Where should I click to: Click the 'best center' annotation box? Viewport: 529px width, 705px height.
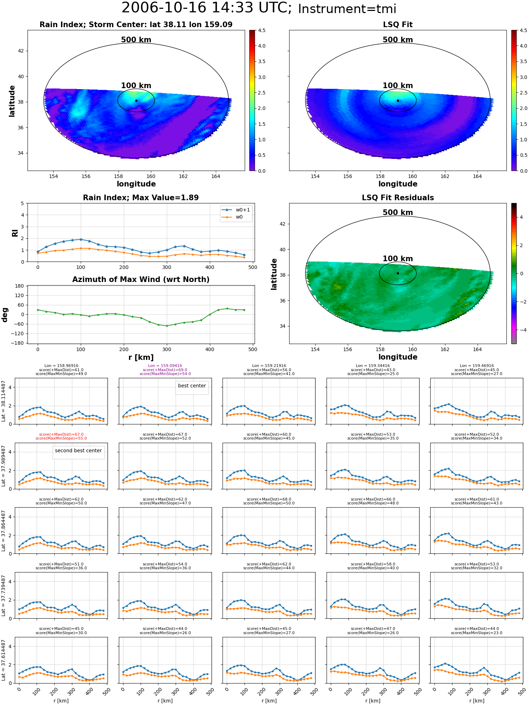tap(192, 387)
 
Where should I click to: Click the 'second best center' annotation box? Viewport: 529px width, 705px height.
tap(78, 452)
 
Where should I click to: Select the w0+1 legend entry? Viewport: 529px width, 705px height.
tap(236, 210)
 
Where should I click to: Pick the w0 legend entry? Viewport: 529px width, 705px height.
tap(236, 217)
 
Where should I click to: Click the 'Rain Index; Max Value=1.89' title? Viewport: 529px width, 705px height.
tap(141, 198)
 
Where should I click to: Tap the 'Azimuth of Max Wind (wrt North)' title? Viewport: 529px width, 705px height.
tap(141, 280)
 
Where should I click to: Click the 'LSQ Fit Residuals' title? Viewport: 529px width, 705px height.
tap(398, 198)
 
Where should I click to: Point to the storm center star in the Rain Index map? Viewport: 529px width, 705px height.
tap(136, 100)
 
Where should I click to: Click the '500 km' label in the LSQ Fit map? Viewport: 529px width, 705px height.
tap(398, 40)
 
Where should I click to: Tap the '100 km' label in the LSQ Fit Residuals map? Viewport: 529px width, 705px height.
tap(398, 259)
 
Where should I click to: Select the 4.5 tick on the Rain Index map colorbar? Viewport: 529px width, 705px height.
tap(262, 30)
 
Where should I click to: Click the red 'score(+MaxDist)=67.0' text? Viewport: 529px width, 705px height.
tap(61, 435)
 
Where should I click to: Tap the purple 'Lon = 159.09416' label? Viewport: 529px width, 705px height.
tap(165, 366)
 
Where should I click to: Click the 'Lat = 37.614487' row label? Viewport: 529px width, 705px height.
tap(4, 660)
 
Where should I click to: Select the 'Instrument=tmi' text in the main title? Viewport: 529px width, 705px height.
tap(347, 9)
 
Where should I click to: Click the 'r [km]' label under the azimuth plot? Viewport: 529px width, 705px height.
tap(141, 357)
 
